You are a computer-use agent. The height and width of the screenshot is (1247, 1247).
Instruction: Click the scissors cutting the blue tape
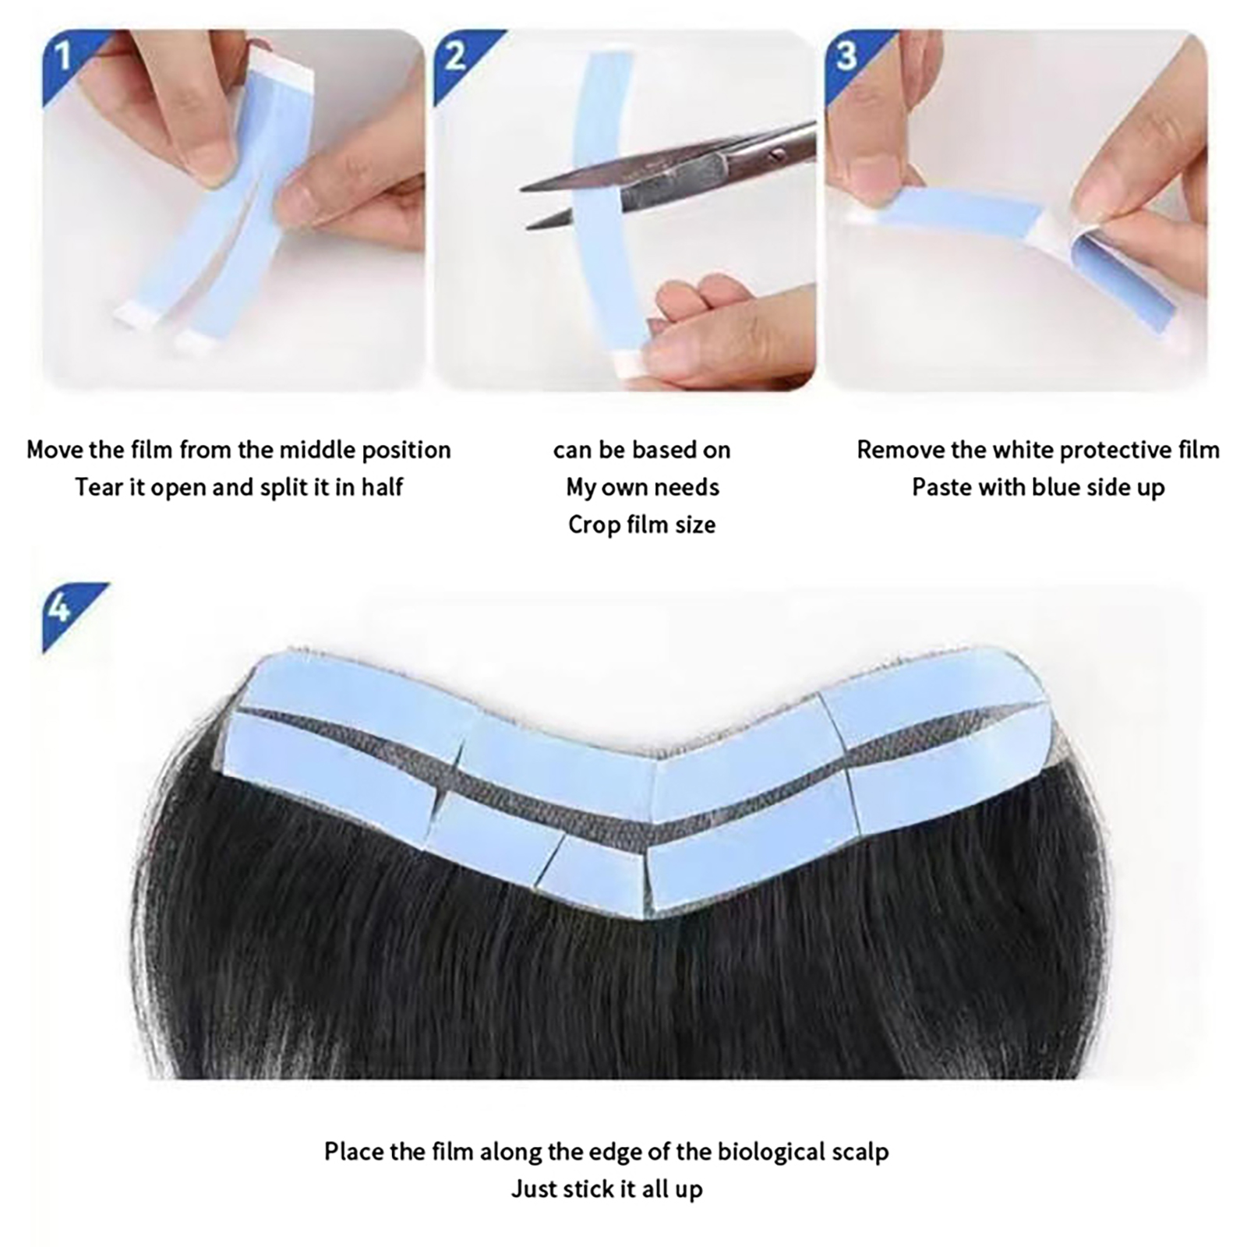(x=670, y=175)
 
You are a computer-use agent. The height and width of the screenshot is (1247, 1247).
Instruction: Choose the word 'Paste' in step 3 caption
(x=941, y=488)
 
